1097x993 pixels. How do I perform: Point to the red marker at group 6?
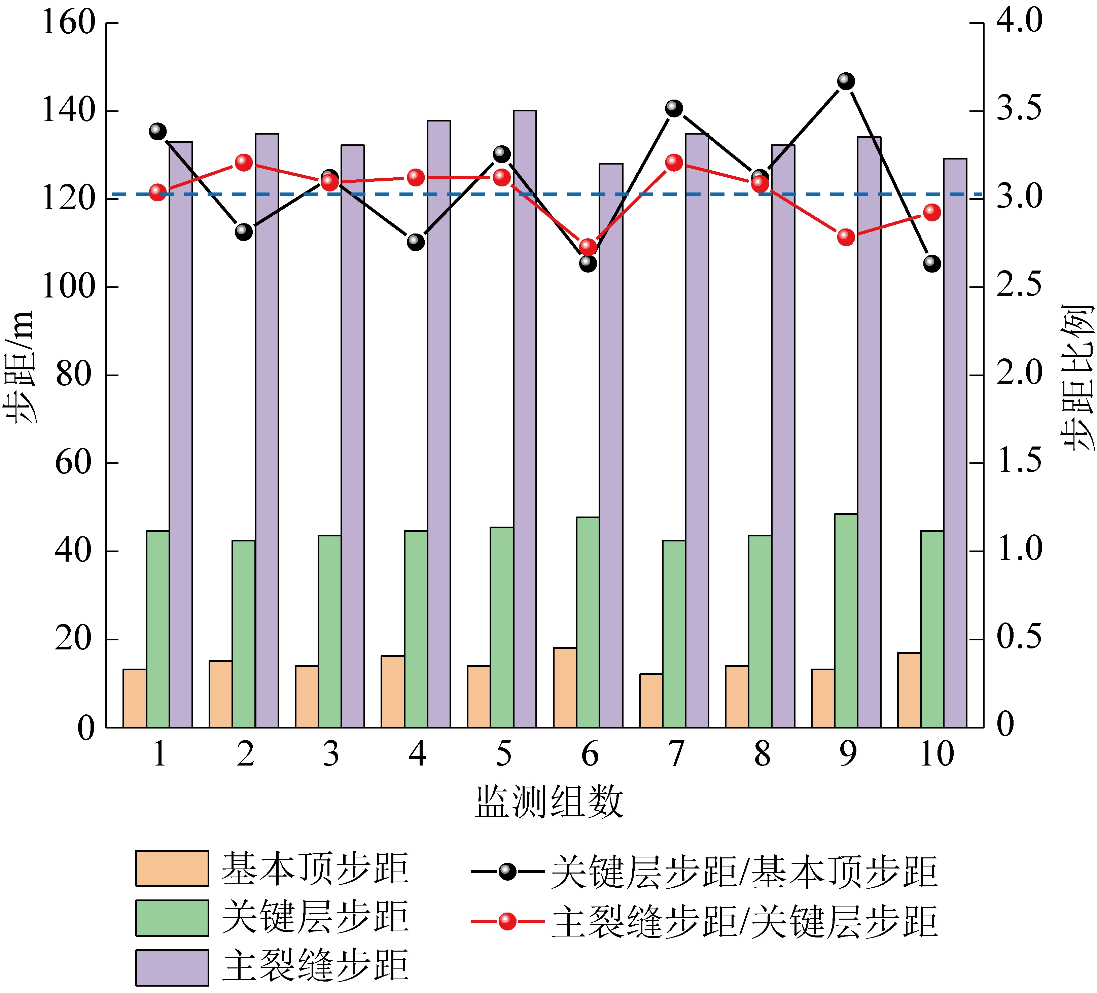588,246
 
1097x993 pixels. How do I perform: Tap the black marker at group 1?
158,131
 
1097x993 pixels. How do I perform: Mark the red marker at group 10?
932,212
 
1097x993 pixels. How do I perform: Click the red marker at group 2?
244,162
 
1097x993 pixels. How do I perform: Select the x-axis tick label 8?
762,755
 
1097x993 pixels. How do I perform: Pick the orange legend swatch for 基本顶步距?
172,869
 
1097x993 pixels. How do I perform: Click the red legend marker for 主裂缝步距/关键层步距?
507,922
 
